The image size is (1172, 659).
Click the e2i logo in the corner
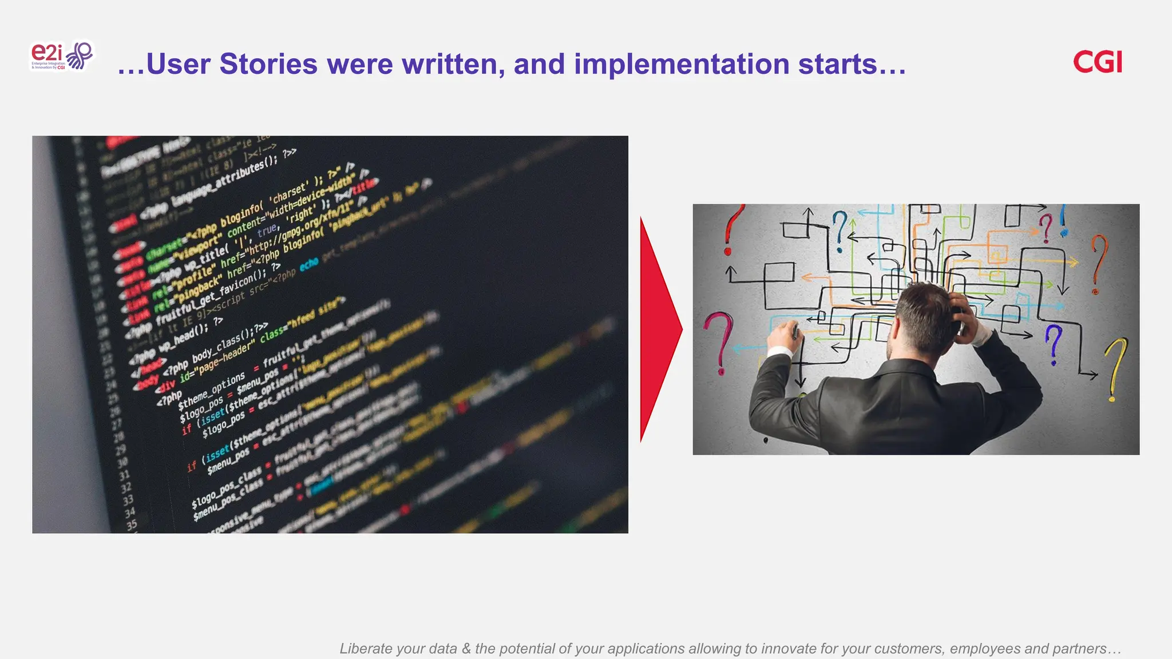(x=61, y=56)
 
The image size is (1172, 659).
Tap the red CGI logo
(x=1097, y=62)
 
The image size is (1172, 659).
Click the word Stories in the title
(x=268, y=63)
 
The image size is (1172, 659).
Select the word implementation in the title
(x=682, y=63)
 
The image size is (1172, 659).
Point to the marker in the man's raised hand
(x=794, y=331)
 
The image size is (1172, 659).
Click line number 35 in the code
(x=132, y=525)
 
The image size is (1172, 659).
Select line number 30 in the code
(x=122, y=462)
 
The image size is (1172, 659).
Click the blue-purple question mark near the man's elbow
(x=1054, y=343)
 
